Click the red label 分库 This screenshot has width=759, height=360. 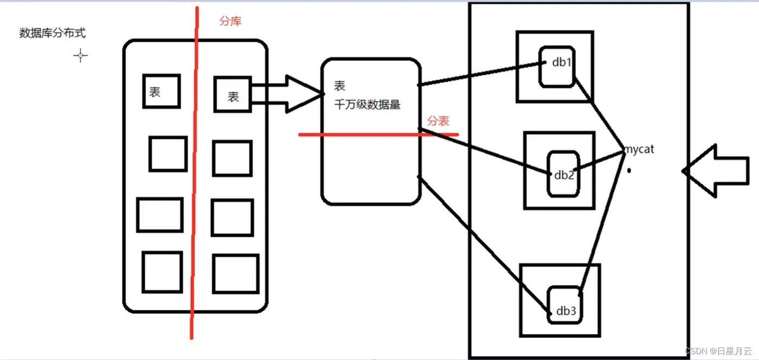tap(230, 22)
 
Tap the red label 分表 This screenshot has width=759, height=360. tap(438, 121)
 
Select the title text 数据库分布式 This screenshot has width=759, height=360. tap(52, 34)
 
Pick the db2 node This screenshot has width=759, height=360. tap(564, 174)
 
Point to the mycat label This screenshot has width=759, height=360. tap(639, 149)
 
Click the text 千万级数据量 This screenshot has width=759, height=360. tap(368, 105)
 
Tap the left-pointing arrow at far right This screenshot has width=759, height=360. tap(716, 170)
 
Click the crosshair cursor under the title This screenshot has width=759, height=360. tap(81, 55)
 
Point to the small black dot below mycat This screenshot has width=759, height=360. tap(629, 170)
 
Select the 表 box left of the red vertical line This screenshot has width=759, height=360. tap(161, 91)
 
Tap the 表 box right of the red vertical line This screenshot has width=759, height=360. tap(232, 95)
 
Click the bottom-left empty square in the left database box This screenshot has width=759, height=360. tap(162, 272)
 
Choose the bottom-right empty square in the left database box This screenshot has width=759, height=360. tap(235, 273)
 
